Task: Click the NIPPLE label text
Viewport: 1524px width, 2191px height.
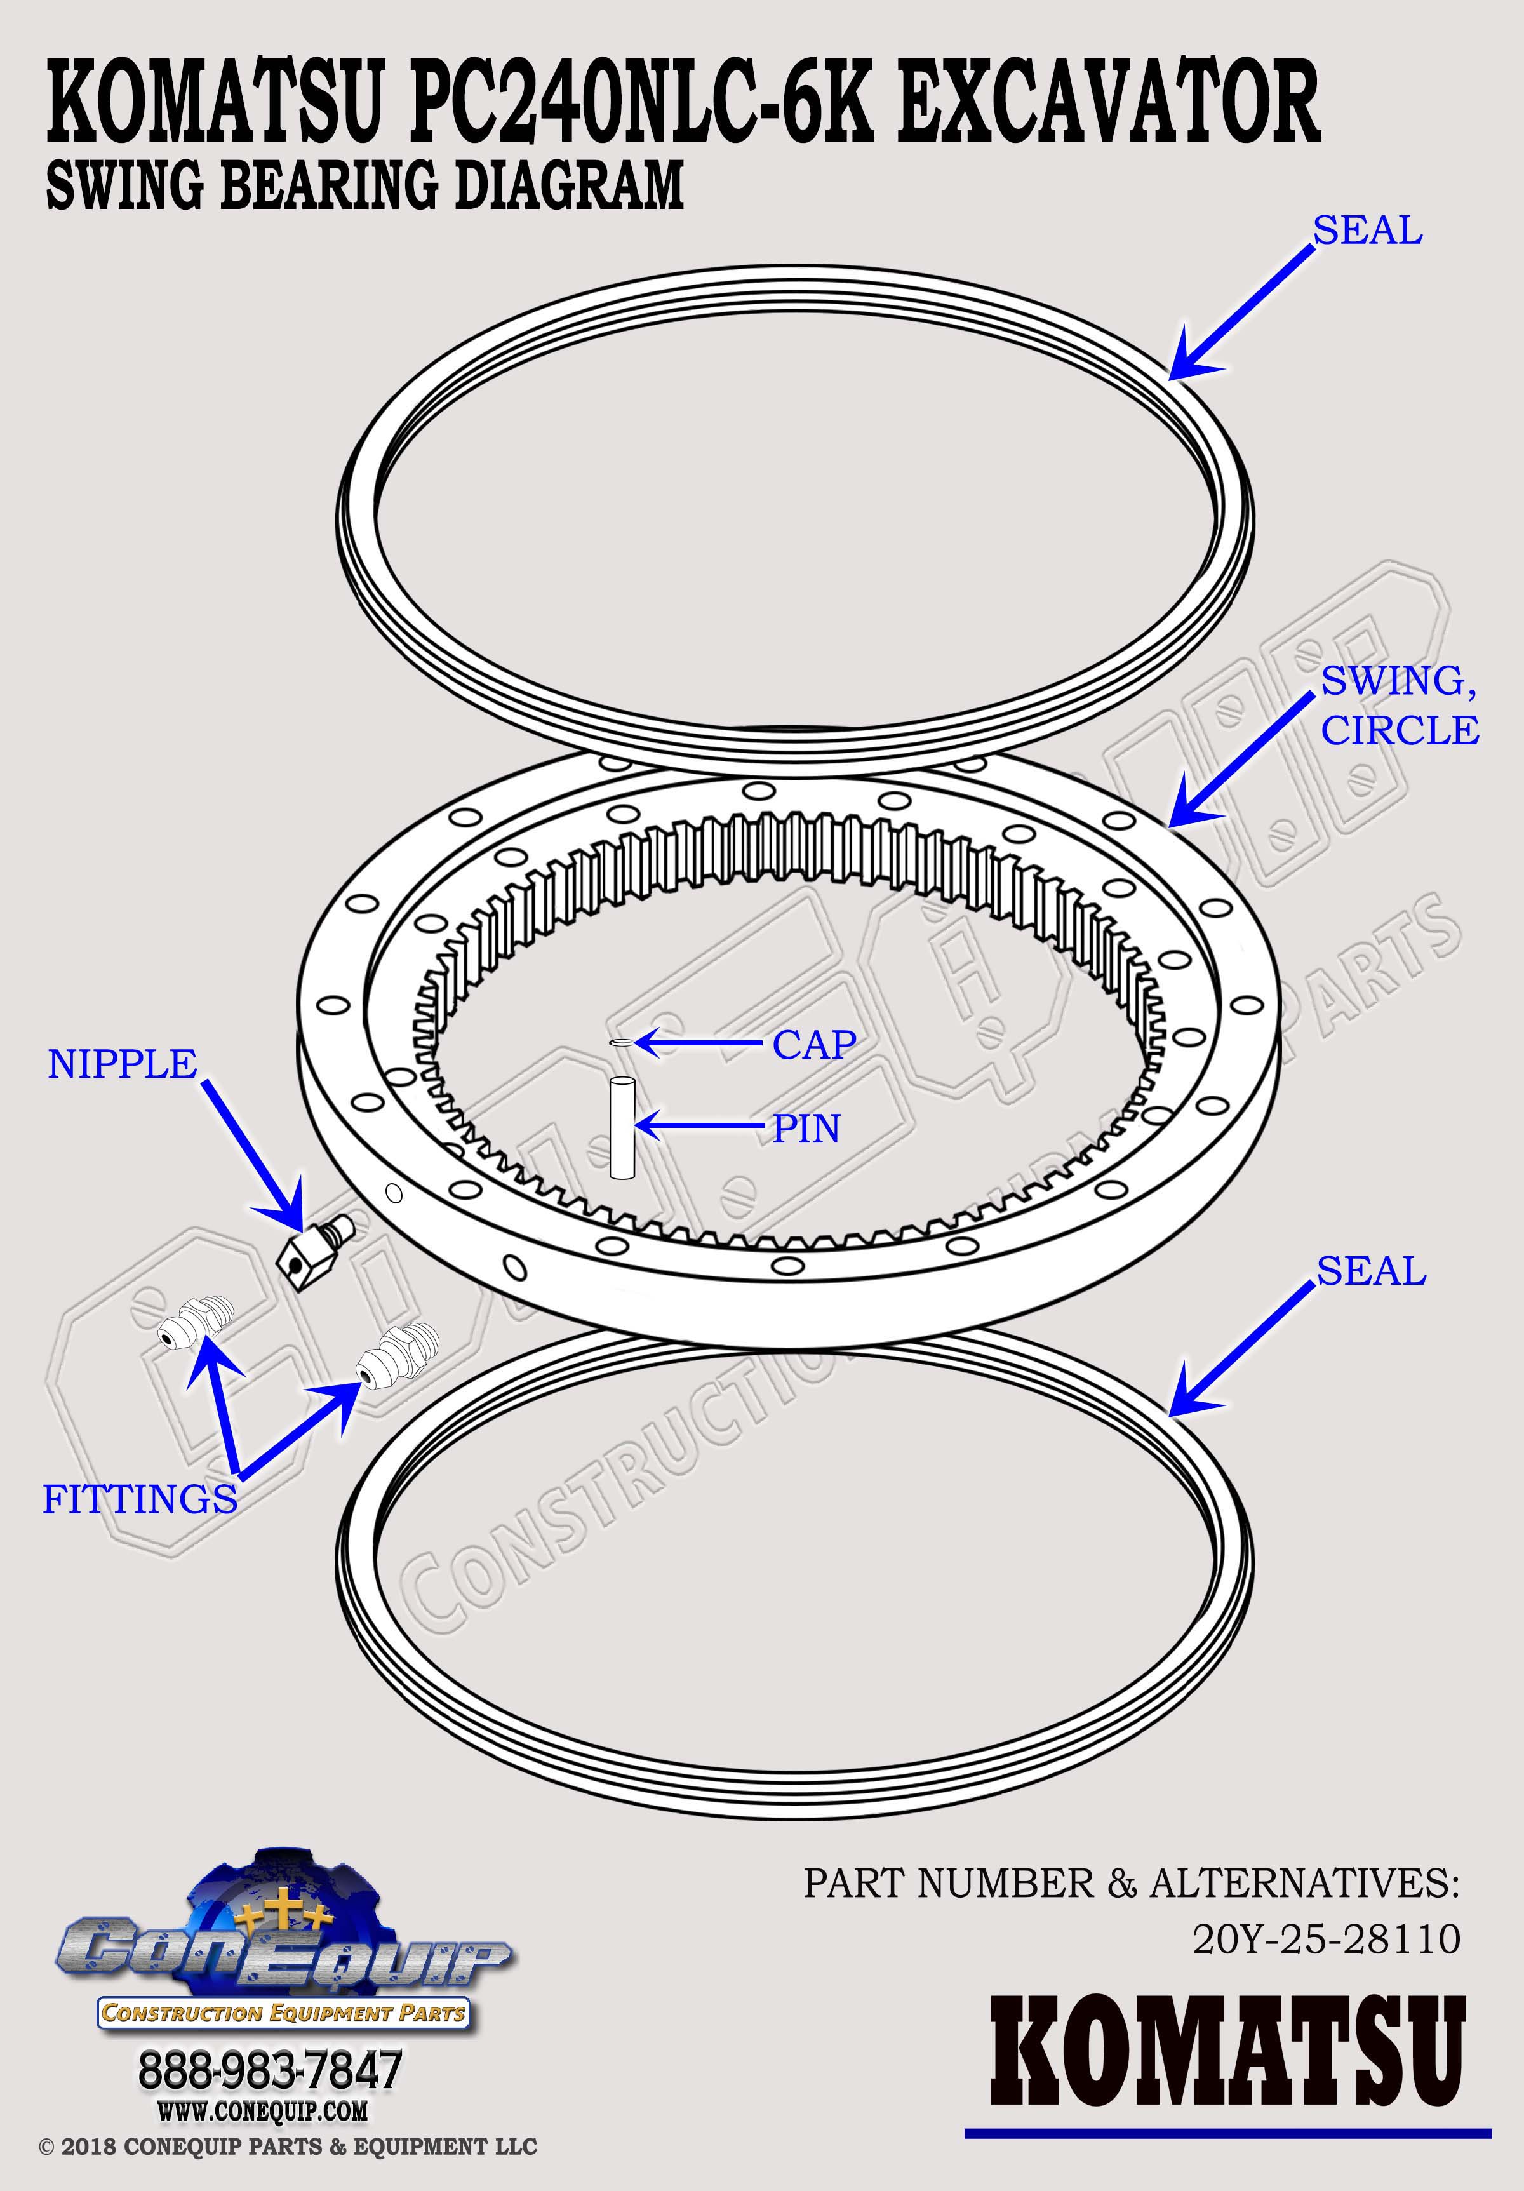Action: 122,1064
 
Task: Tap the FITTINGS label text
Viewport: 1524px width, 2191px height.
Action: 140,1499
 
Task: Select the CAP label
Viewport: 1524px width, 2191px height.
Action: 814,1045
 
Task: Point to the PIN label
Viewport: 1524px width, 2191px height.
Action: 806,1129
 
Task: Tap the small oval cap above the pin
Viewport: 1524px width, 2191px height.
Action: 621,1043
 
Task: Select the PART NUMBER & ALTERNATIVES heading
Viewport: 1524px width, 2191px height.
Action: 1132,1856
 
